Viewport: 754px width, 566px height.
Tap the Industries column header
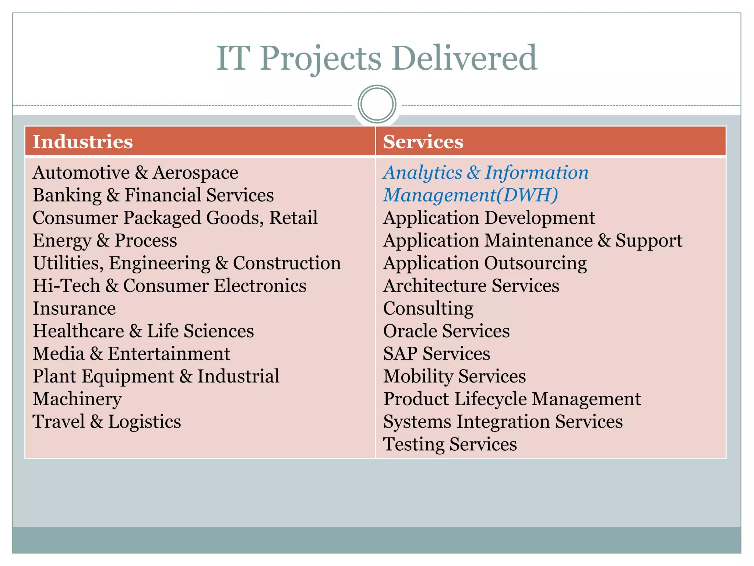pos(83,142)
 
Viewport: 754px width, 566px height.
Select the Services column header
pos(423,142)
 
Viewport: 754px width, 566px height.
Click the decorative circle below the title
pos(377,104)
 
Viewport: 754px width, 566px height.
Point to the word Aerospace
pos(195,173)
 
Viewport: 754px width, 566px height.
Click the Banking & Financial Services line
pos(153,195)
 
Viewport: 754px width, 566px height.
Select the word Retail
pos(293,218)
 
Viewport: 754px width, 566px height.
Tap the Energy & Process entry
pos(105,241)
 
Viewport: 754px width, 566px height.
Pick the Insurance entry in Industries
pos(74,308)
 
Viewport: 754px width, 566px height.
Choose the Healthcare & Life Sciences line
pos(143,331)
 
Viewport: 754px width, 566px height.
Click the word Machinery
pos(77,399)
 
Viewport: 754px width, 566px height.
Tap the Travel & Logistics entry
pos(107,422)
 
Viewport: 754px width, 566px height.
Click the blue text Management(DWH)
pos(471,195)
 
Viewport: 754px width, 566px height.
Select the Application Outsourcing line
pos(485,263)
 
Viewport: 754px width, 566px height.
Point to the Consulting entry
pos(428,308)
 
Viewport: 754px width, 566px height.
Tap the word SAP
pos(400,354)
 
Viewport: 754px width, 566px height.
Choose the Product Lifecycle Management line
pos(512,399)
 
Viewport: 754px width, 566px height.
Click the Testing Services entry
pos(450,444)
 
